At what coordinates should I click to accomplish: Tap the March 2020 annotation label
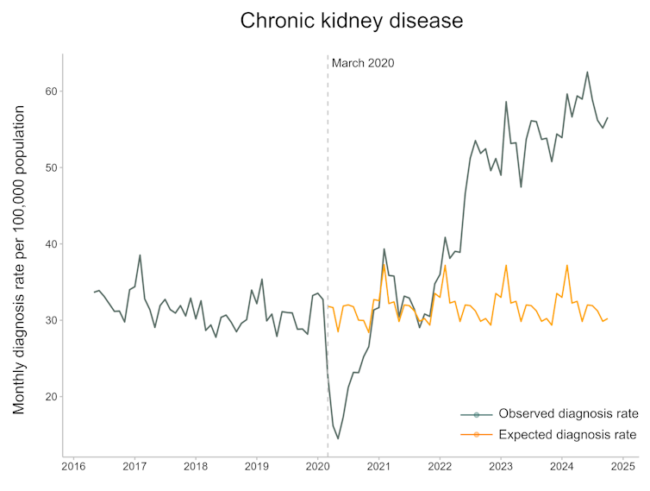363,63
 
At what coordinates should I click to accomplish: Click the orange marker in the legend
477,434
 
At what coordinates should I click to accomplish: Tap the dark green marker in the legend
477,414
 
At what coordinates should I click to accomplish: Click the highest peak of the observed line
587,72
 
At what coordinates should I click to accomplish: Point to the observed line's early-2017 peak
140,255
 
